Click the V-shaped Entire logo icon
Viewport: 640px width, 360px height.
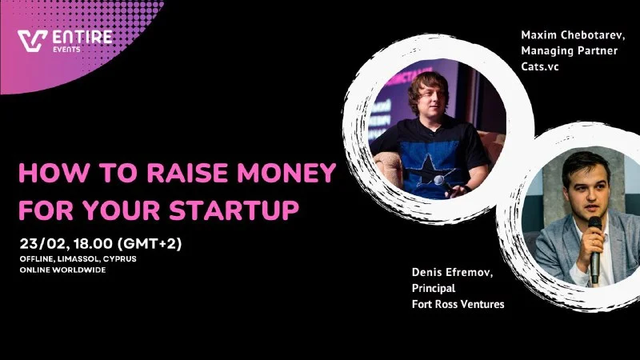click(x=32, y=42)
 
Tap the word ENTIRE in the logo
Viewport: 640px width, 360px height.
click(x=82, y=37)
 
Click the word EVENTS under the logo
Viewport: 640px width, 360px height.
click(x=66, y=50)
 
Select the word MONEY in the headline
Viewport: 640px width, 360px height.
click(x=286, y=173)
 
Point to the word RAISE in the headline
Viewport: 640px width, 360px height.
click(x=187, y=173)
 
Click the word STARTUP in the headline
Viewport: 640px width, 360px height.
click(x=234, y=210)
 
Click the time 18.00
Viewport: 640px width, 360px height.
click(x=93, y=244)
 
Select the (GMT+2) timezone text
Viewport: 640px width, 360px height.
click(x=150, y=244)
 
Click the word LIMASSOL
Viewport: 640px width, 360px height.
click(x=78, y=259)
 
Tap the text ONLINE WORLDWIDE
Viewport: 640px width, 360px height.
click(x=62, y=270)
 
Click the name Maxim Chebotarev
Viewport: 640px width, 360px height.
click(x=573, y=35)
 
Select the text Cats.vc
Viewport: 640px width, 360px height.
click(x=539, y=66)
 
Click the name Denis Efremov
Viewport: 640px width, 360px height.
click(x=452, y=273)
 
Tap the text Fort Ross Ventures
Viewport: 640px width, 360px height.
click(x=458, y=304)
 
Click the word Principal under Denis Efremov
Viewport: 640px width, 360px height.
click(x=434, y=288)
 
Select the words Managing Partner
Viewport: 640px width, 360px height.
click(x=569, y=51)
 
